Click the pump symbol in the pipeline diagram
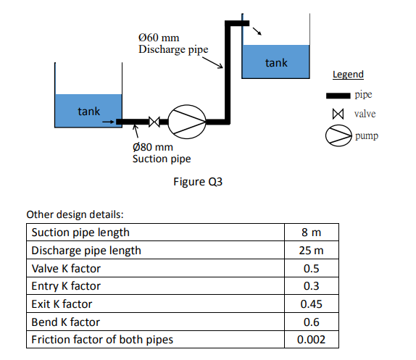click(188, 121)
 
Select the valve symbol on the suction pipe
click(154, 122)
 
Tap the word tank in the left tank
click(89, 111)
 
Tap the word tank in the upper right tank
click(276, 63)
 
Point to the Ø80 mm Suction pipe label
click(161, 153)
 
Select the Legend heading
click(348, 75)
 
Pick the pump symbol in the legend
click(338, 135)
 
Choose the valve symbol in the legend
click(336, 114)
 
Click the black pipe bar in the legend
click(337, 96)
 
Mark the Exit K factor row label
click(62, 304)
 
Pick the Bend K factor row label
click(65, 322)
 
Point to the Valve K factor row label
click(66, 268)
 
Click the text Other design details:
click(75, 215)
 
